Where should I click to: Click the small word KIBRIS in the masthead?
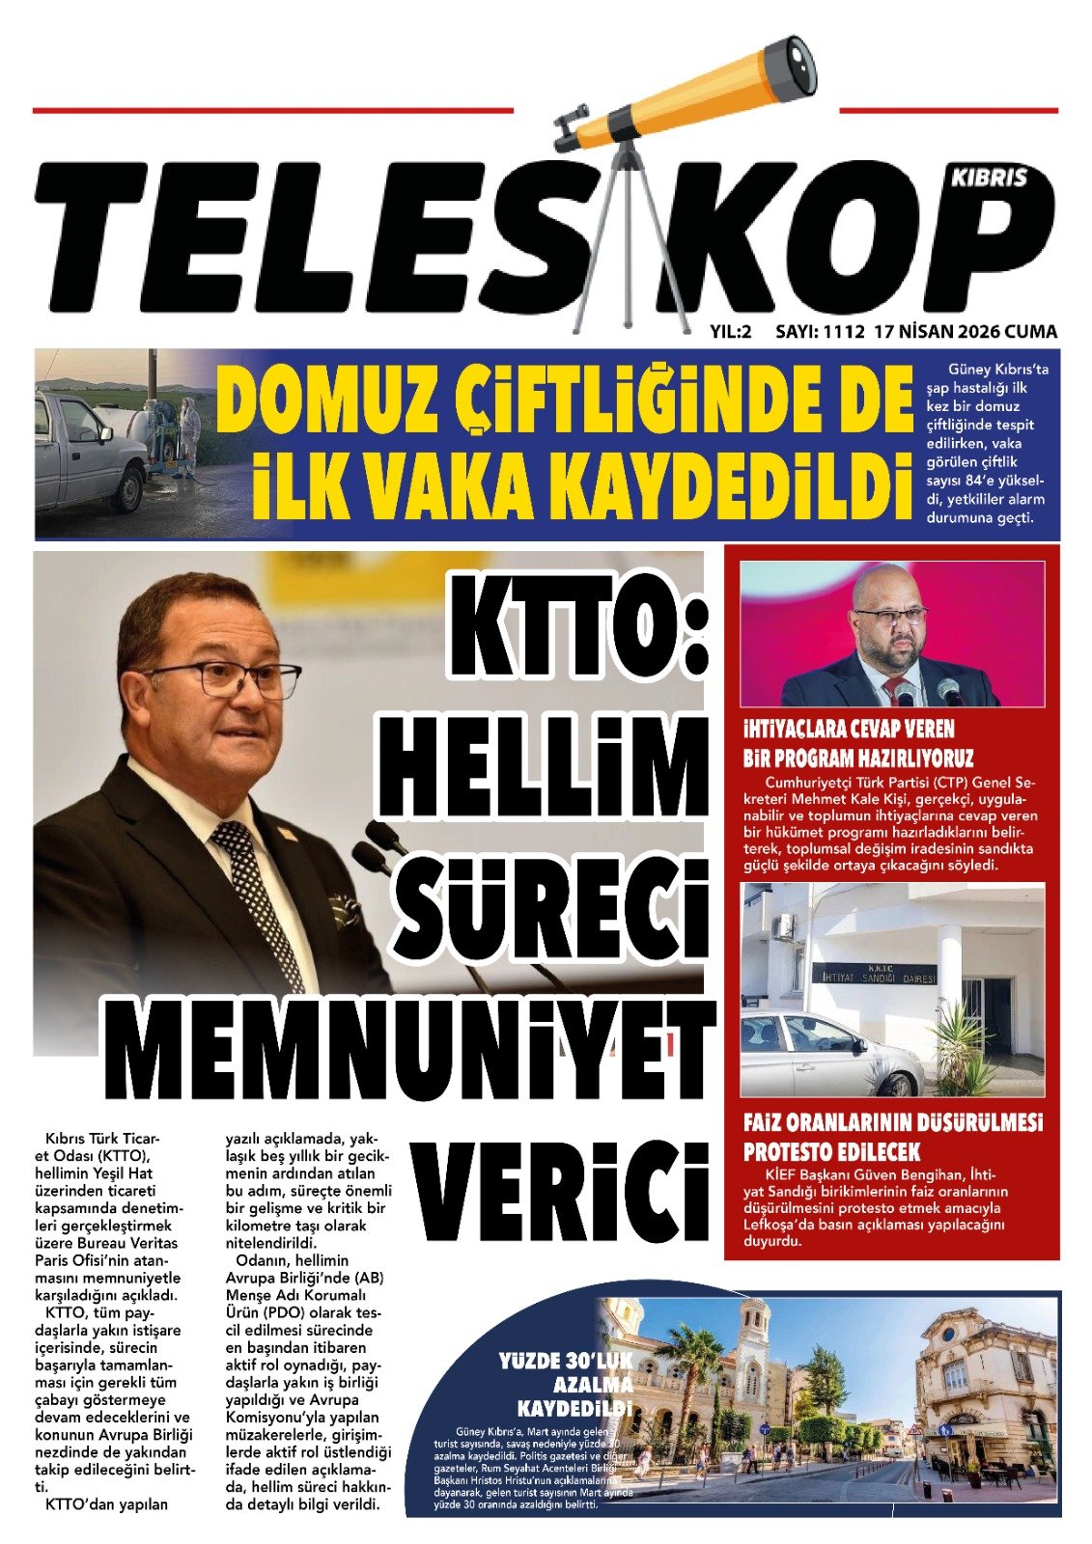(x=990, y=178)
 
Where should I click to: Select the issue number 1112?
(x=843, y=332)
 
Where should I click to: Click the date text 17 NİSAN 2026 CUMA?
(x=966, y=332)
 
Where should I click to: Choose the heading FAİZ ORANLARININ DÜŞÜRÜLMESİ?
(x=893, y=1123)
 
